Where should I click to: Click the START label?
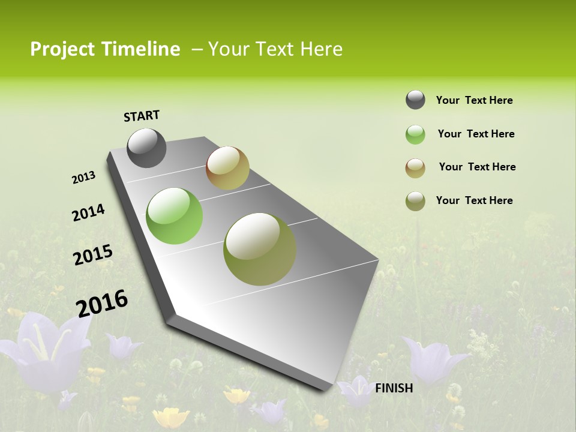pyautogui.click(x=142, y=115)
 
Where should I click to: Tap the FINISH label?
pyautogui.click(x=394, y=388)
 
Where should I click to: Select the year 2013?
pyautogui.click(x=83, y=178)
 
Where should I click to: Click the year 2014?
pyautogui.click(x=88, y=212)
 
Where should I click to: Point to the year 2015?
pyautogui.click(x=92, y=254)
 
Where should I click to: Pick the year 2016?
pyautogui.click(x=102, y=303)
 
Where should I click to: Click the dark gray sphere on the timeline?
pyautogui.click(x=146, y=148)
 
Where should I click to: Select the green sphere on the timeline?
pyautogui.click(x=174, y=216)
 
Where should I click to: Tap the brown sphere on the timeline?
pyautogui.click(x=227, y=168)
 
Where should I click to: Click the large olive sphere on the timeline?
pyautogui.click(x=260, y=249)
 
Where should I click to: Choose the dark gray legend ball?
pyautogui.click(x=415, y=100)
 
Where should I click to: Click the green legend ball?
pyautogui.click(x=415, y=134)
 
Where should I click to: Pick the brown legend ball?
pyautogui.click(x=415, y=167)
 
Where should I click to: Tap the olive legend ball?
pyautogui.click(x=415, y=201)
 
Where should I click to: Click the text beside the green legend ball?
pyautogui.click(x=476, y=134)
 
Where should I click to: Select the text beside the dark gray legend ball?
pyautogui.click(x=474, y=100)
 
